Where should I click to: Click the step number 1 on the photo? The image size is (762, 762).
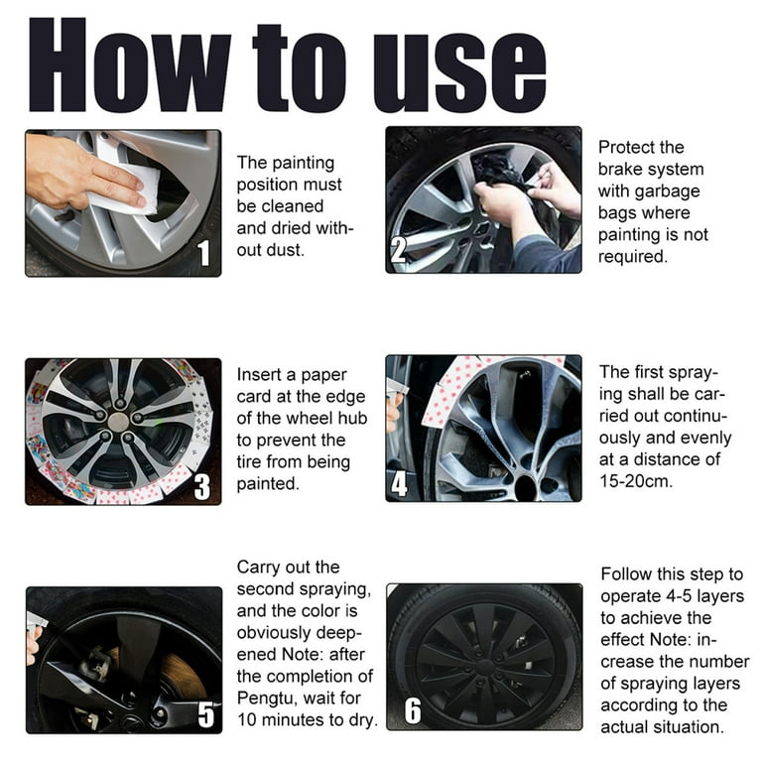pos(204,254)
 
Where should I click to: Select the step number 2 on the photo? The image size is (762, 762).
pos(398,249)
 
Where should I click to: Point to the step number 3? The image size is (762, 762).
pos(202,486)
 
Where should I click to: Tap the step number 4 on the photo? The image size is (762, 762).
pos(399,483)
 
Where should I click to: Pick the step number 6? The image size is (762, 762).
pos(412,711)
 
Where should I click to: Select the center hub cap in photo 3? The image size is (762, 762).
pos(118,422)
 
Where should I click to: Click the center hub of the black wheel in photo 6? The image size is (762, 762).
pos(483,660)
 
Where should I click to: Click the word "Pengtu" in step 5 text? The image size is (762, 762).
pos(266,698)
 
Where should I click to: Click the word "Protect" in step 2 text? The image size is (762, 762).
pos(627,147)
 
